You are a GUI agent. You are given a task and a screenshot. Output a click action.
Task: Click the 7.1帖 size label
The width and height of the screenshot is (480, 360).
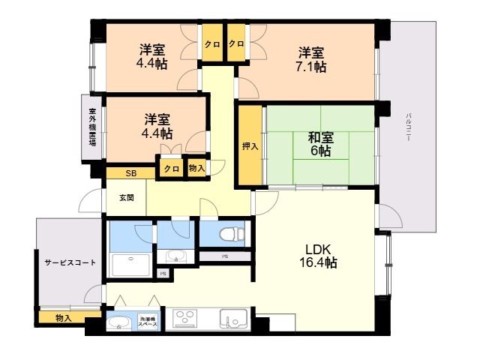click(x=310, y=67)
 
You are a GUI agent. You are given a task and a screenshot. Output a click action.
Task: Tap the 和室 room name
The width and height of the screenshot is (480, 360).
click(x=320, y=138)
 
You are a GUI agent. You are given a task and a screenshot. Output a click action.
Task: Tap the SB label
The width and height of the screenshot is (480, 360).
click(x=130, y=174)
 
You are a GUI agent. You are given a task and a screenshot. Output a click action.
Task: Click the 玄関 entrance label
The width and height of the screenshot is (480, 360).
click(x=126, y=198)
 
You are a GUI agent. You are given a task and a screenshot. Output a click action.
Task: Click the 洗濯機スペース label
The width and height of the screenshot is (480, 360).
click(x=148, y=323)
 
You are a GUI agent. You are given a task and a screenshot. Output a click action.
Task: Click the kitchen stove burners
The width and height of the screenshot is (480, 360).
click(x=184, y=318)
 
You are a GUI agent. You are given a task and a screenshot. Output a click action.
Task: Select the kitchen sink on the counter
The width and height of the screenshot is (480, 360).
click(x=232, y=319)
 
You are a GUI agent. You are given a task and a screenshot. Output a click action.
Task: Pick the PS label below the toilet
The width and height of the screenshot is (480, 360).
click(x=224, y=256)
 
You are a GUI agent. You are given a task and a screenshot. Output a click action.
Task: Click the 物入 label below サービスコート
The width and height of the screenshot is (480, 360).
click(x=64, y=319)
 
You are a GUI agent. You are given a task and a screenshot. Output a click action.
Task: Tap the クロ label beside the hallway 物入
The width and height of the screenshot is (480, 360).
click(x=171, y=169)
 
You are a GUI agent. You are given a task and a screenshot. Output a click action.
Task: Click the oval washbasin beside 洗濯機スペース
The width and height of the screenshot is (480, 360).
click(x=118, y=324)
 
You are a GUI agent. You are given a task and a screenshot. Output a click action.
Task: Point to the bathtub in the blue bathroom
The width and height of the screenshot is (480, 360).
click(x=130, y=263)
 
